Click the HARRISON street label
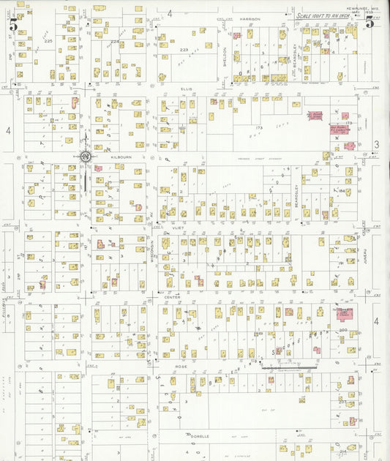[x=249, y=18]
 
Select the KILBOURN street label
[x=121, y=156]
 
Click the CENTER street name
[x=172, y=296]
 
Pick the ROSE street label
[x=181, y=365]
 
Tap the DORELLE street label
[x=200, y=435]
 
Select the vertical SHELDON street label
[x=225, y=56]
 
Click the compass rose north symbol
[x=85, y=156]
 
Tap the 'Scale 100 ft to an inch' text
[x=326, y=15]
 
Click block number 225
[x=49, y=41]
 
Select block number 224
[x=114, y=42]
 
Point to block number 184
[x=341, y=191]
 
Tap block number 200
[x=344, y=330]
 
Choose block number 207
[x=342, y=401]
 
